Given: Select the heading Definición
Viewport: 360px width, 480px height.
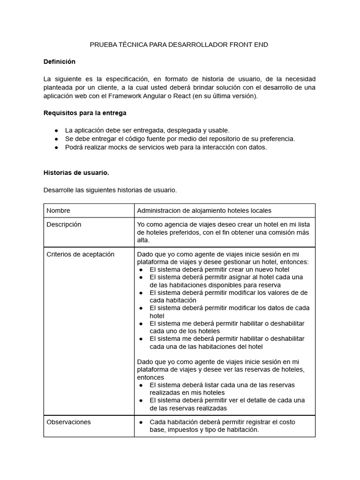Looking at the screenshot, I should coord(59,61).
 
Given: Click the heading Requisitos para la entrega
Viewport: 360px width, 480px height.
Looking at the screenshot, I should coord(85,113).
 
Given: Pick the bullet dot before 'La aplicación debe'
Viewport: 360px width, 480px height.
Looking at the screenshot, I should coord(57,130).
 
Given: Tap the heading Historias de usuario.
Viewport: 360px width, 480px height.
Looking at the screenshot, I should coord(76,172).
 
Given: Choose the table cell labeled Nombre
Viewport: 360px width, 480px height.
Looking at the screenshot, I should coord(58,210).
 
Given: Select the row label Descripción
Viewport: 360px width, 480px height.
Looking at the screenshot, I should coord(64,225).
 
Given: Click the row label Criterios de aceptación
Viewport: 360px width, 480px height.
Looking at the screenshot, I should coord(80,254).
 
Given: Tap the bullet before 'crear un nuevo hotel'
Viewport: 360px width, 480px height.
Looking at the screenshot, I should coord(142,270).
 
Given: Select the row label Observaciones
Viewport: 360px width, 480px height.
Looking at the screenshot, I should coord(68,422).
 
